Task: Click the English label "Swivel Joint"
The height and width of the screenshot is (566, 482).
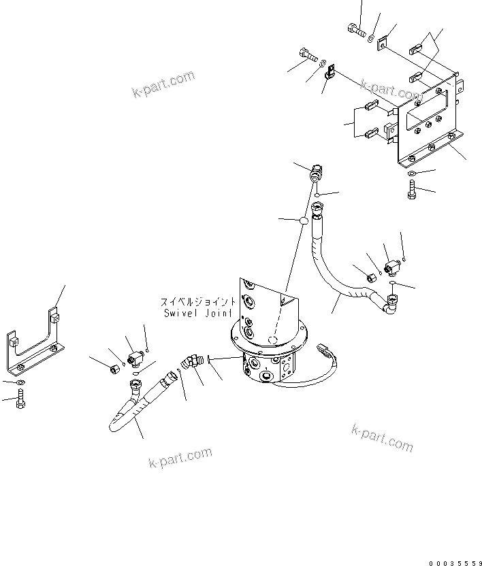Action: [198, 313]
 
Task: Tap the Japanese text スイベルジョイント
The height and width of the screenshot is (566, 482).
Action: [198, 301]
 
